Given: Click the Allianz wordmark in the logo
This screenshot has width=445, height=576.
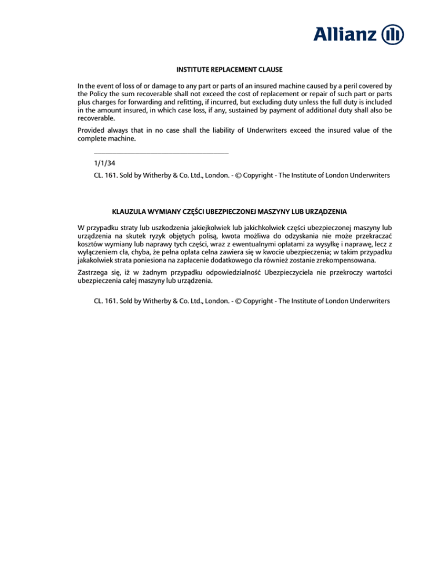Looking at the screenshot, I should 346,35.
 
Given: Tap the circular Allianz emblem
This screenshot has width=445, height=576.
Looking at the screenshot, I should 393,35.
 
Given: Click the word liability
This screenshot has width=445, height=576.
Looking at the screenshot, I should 219,130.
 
